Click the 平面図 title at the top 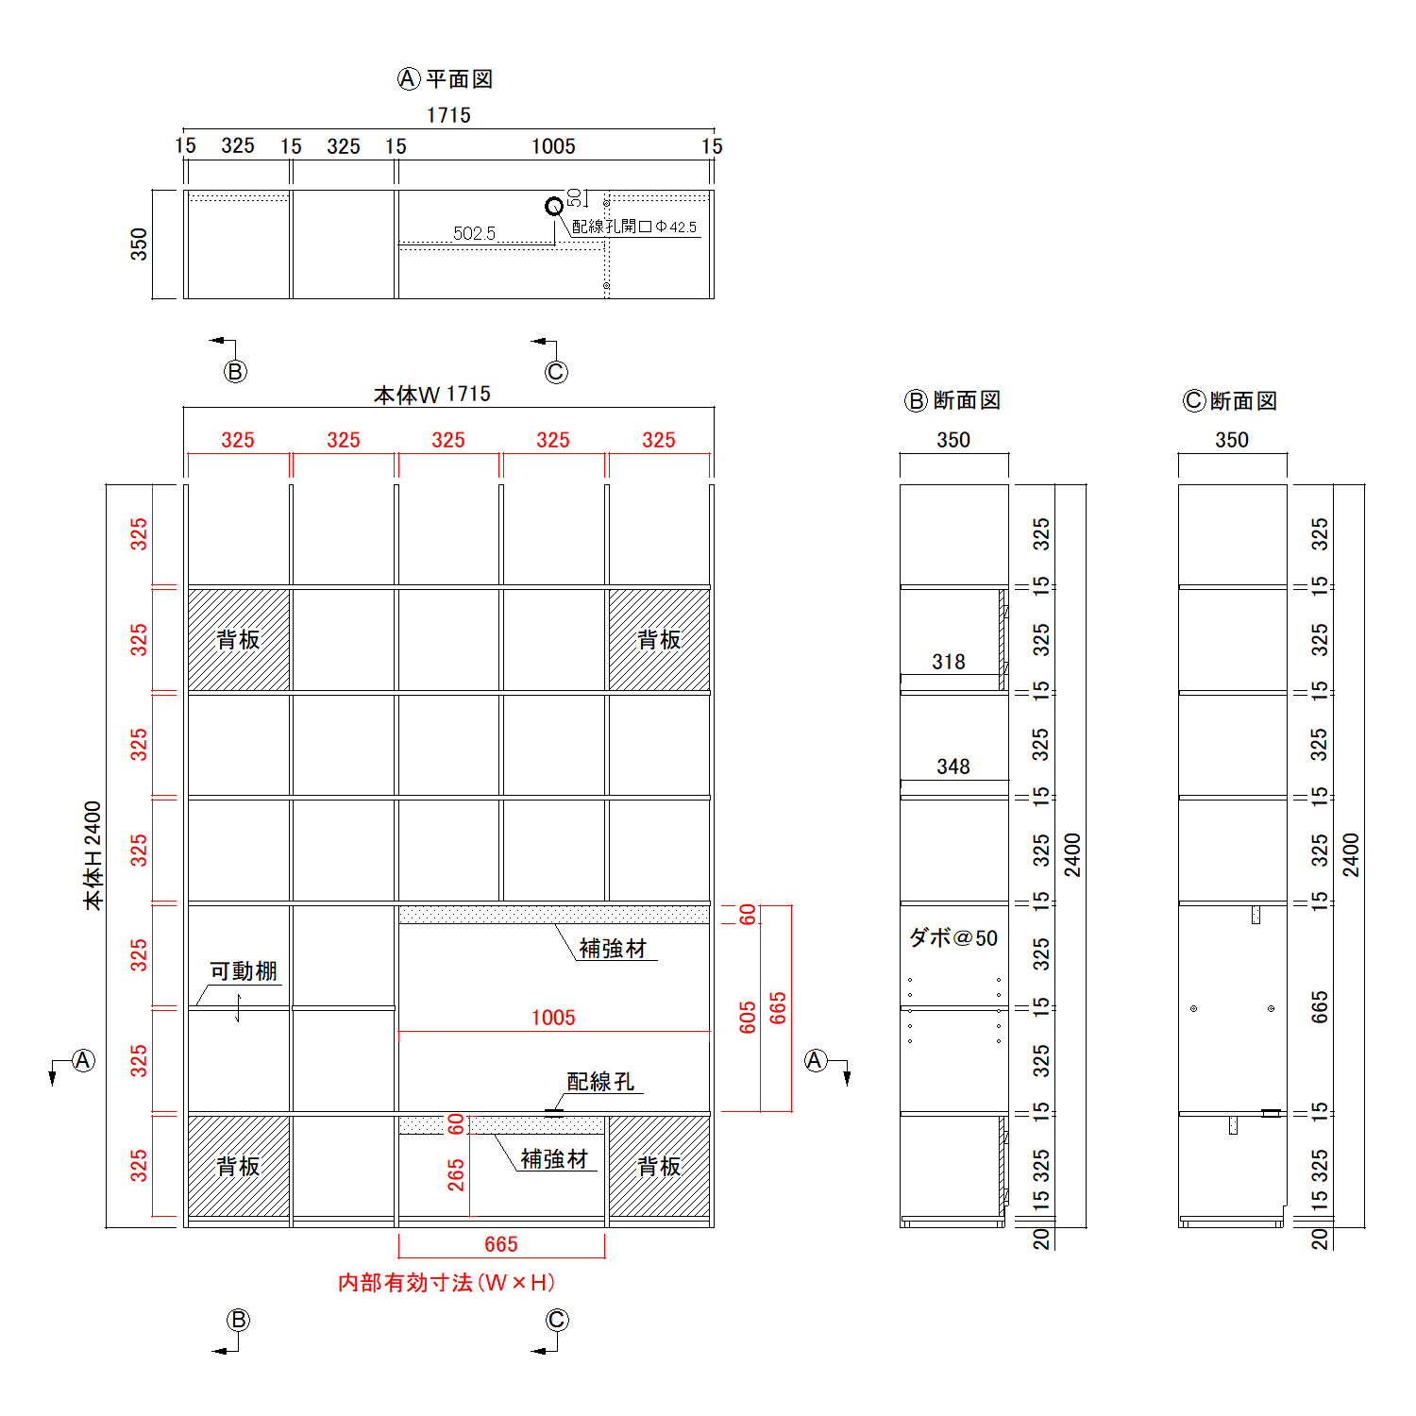[x=459, y=79]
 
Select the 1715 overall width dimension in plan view [x=448, y=115]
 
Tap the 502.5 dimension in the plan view [x=474, y=233]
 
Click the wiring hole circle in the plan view [x=554, y=206]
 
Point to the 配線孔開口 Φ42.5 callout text [x=634, y=227]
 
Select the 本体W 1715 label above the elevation [x=432, y=395]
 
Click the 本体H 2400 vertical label [x=93, y=855]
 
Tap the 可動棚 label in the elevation [x=244, y=971]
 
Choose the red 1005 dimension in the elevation [x=553, y=1018]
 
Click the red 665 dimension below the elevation [x=501, y=1245]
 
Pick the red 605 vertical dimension [x=749, y=1018]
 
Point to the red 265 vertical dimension [x=457, y=1175]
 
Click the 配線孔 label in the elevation [x=600, y=1082]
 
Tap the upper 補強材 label [x=613, y=949]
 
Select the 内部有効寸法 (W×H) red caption [x=447, y=1283]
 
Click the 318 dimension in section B [x=949, y=663]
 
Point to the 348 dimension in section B [x=953, y=767]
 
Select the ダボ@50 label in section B [x=953, y=938]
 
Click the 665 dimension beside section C [x=1320, y=1007]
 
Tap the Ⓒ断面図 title [x=1231, y=401]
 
